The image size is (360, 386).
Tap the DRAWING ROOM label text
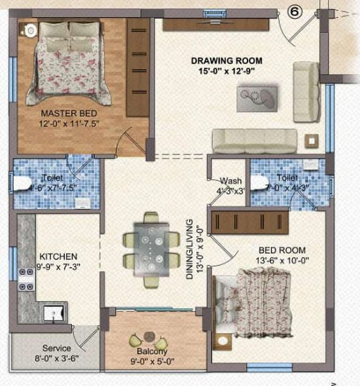(226, 60)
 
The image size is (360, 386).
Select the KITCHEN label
(58, 256)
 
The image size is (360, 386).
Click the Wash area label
(231, 181)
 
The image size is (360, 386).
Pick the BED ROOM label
(282, 250)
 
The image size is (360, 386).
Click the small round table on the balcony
(148, 336)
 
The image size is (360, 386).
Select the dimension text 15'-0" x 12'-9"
(226, 70)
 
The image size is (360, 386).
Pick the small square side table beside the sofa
(310, 139)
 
